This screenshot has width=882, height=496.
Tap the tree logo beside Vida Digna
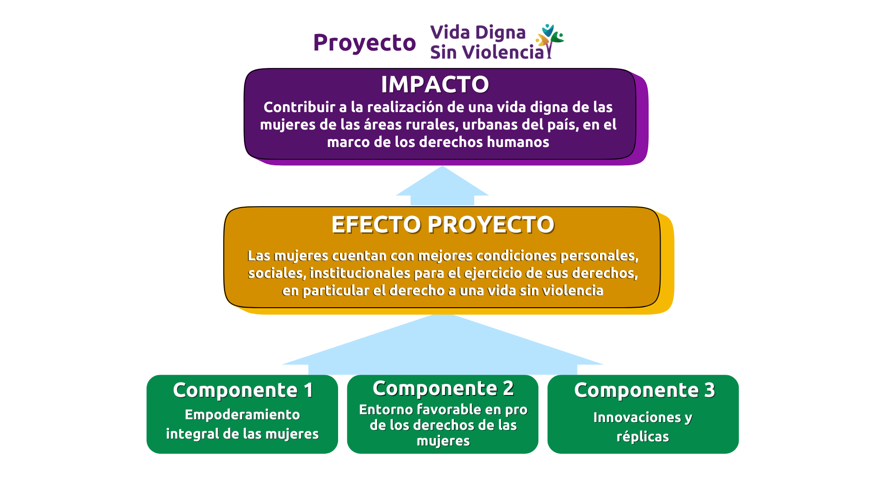(550, 41)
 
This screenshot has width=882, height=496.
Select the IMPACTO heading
(435, 85)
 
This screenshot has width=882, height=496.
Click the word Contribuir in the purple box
(299, 107)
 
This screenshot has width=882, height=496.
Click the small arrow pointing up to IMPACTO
(442, 186)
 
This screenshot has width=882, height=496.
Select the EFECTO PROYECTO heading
(443, 225)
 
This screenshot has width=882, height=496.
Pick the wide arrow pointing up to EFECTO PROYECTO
(442, 344)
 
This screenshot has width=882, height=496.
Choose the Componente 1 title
(243, 390)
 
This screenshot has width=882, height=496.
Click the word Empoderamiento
(242, 415)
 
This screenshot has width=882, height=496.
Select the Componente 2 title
(443, 389)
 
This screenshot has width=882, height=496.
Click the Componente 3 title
(645, 390)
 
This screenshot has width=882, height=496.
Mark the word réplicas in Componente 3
(643, 437)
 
